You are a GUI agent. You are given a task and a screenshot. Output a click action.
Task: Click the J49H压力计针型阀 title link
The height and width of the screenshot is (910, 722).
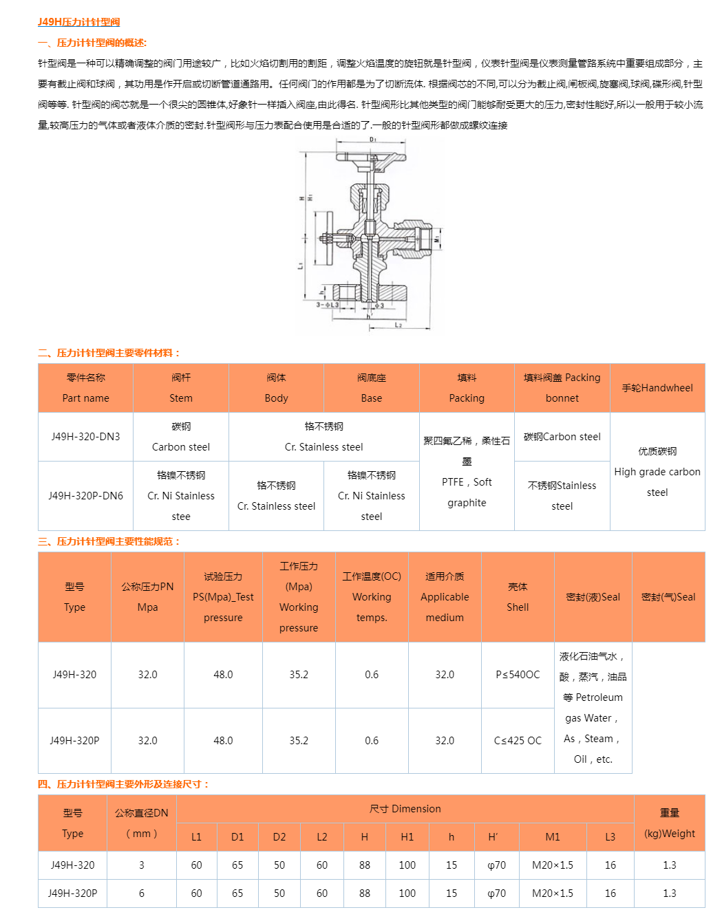pos(78,22)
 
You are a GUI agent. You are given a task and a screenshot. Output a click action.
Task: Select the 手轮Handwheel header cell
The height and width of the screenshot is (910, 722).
pos(657,388)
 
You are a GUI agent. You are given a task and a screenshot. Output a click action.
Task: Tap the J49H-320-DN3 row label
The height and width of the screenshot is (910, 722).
pos(85,437)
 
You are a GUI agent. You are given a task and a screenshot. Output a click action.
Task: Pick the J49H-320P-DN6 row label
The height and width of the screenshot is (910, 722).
pos(85,495)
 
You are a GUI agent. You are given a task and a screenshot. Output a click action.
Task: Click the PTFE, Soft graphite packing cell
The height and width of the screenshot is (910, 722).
pos(467,472)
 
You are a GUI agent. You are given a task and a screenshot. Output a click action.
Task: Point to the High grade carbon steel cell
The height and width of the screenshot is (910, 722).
pos(657,472)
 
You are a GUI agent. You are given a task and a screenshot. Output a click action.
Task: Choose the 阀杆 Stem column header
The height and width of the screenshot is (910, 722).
pos(181,388)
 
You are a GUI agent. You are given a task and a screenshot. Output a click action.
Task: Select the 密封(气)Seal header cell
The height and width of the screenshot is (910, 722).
pos(668,597)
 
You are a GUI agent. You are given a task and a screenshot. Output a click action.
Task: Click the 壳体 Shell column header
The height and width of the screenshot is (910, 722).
pos(518,597)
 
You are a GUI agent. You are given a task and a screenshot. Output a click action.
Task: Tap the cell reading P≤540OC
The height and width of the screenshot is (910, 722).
pos(518,675)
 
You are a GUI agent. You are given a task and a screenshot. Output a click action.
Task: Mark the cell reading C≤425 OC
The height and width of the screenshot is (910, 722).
pos(518,741)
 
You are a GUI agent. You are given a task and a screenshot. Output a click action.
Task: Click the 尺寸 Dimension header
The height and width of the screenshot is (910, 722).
pos(405,809)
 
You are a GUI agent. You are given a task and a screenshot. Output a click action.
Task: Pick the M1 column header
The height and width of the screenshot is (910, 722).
pos(553,837)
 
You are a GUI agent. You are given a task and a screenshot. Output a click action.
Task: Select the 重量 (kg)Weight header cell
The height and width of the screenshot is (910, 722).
pos(670,823)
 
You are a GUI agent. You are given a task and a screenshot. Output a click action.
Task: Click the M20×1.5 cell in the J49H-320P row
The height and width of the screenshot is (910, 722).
pos(553,893)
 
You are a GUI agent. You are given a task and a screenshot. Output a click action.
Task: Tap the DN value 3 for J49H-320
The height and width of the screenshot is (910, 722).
pos(142,865)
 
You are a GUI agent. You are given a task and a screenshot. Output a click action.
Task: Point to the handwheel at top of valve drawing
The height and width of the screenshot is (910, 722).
pos(372,158)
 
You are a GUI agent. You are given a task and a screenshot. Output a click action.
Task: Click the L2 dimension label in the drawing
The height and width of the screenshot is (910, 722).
pos(399,325)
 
